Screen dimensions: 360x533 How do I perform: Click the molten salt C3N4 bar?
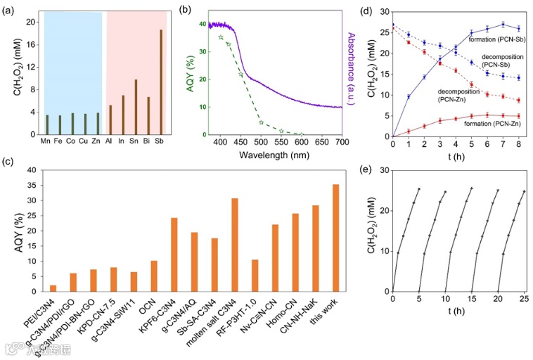(x=235, y=243)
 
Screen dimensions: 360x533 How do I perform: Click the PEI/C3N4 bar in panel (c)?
(x=53, y=286)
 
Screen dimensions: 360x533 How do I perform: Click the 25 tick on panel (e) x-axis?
(x=524, y=299)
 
